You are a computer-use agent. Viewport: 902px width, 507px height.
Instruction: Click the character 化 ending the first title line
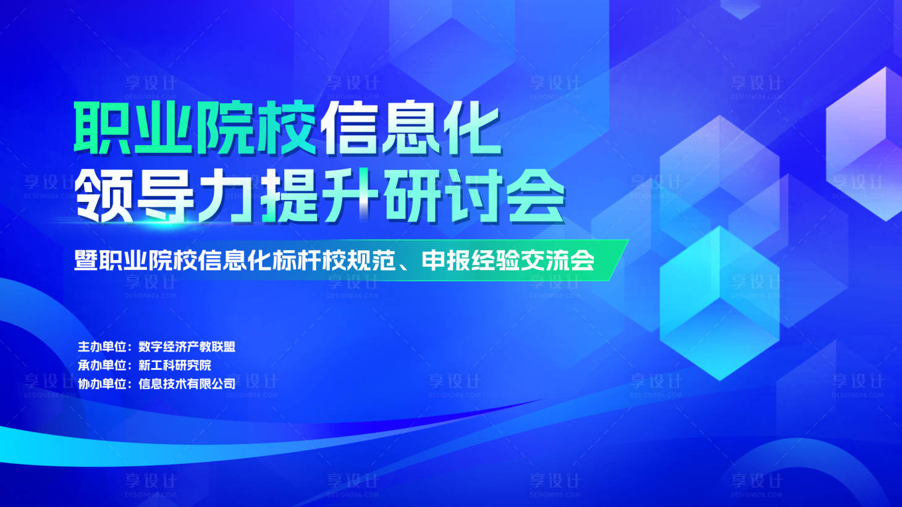(471, 128)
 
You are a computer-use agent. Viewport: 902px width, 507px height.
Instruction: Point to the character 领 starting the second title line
(104, 196)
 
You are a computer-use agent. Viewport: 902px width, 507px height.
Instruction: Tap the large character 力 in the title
(227, 196)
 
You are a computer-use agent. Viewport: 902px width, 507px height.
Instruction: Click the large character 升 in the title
(350, 196)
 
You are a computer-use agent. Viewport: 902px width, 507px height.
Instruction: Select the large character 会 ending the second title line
(536, 196)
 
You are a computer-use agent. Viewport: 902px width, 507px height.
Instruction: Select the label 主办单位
(103, 346)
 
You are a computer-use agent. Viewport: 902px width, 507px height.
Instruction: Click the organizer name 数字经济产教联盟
(187, 346)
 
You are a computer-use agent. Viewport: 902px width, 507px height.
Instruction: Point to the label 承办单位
(103, 365)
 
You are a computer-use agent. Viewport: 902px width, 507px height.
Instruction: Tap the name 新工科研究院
(175, 365)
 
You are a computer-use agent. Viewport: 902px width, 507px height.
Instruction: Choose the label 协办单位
(103, 383)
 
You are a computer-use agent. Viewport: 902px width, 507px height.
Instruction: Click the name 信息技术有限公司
(187, 383)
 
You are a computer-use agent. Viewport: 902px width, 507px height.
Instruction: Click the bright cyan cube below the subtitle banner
(720, 303)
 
